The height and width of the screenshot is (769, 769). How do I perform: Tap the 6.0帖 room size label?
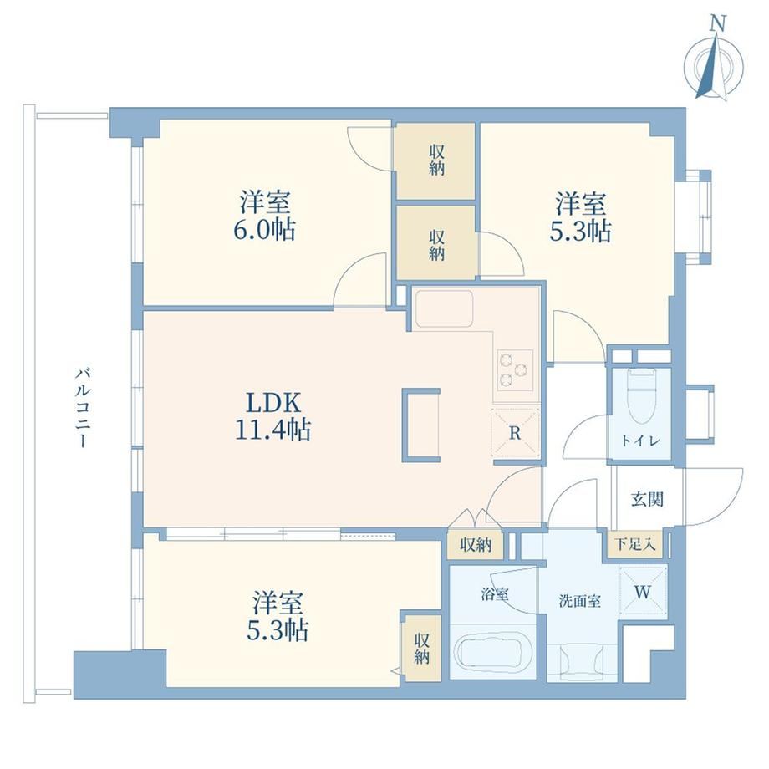(264, 229)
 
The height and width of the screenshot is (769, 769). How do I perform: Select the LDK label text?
(273, 403)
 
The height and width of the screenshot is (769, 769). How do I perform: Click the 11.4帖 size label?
(273, 430)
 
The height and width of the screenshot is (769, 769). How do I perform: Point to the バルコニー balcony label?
(83, 408)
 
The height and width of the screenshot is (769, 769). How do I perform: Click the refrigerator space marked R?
(516, 433)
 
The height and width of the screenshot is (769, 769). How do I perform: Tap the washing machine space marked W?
(644, 592)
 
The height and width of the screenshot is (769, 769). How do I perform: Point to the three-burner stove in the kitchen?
(515, 369)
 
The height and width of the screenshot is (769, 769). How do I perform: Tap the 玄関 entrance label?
(647, 499)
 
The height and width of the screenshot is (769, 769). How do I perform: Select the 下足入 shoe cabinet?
(635, 544)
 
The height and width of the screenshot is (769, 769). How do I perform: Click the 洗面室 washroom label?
(580, 601)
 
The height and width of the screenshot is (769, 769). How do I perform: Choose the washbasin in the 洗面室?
(582, 663)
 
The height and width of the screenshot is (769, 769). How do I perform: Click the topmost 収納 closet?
(435, 160)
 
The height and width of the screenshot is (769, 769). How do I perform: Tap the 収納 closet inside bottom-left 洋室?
(422, 649)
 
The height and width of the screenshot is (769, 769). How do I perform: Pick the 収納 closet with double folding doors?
(476, 544)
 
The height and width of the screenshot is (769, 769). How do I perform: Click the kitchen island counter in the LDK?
(421, 425)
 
